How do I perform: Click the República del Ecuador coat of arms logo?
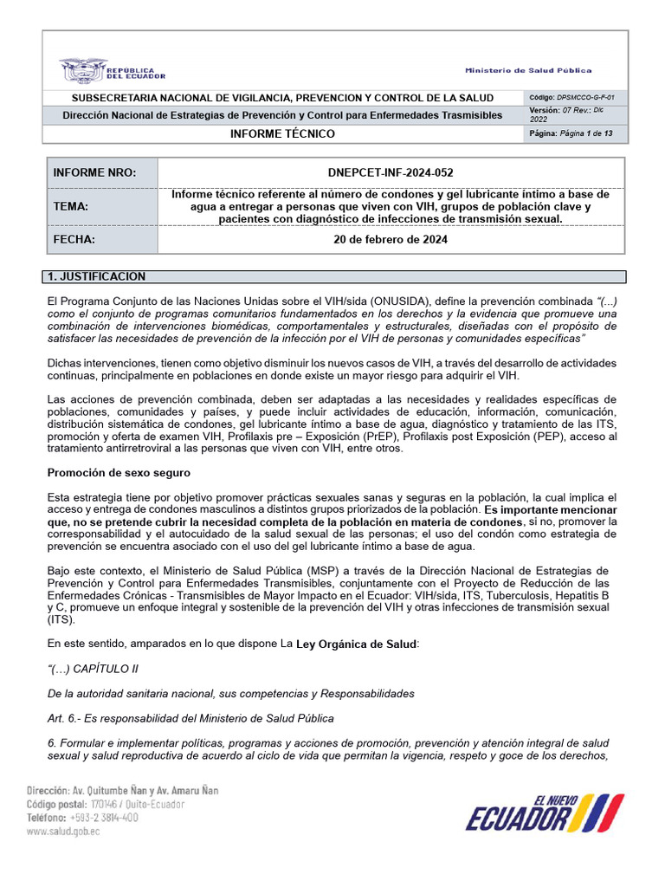pyautogui.click(x=83, y=69)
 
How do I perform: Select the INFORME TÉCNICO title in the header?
pyautogui.click(x=282, y=134)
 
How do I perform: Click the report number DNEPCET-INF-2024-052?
pyautogui.click(x=391, y=172)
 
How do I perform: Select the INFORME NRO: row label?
pyautogui.click(x=94, y=172)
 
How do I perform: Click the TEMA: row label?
pyautogui.click(x=72, y=206)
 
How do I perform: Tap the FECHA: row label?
pyautogui.click(x=74, y=240)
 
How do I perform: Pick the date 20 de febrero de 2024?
pyautogui.click(x=391, y=240)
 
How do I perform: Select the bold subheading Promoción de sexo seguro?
pyautogui.click(x=119, y=473)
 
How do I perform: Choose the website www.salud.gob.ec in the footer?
pyautogui.click(x=63, y=831)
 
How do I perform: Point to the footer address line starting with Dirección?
pyautogui.click(x=122, y=790)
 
